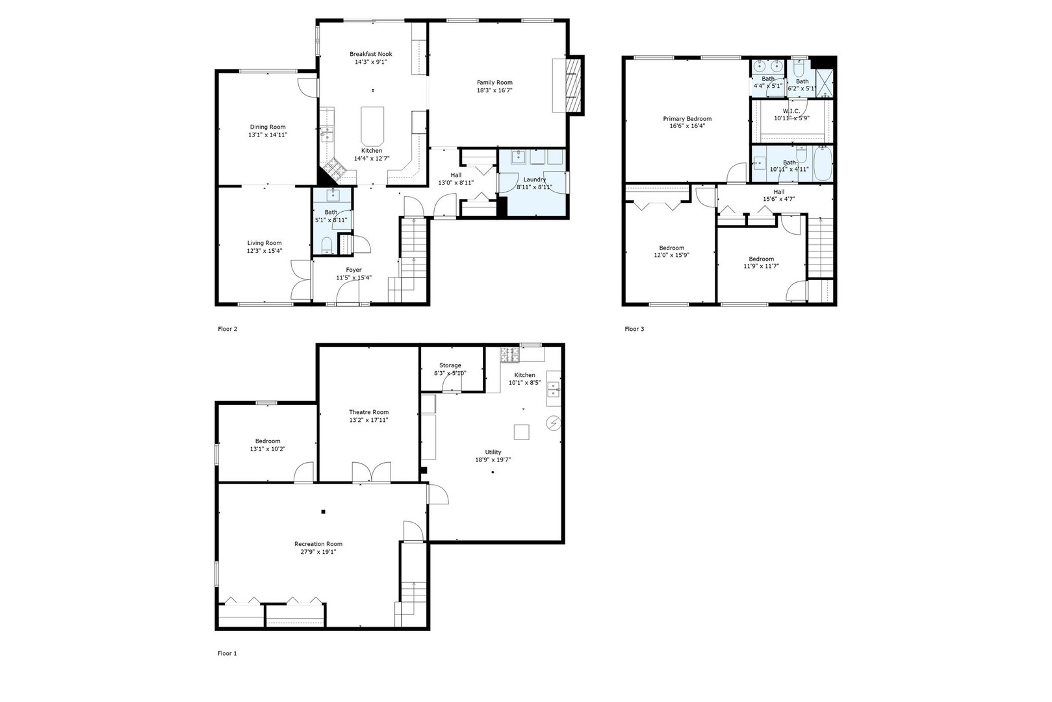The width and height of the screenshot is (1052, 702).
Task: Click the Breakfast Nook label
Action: (x=370, y=54)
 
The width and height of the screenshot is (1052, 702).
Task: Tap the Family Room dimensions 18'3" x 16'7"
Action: (x=494, y=91)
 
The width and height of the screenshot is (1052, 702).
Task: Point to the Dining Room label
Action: (x=268, y=127)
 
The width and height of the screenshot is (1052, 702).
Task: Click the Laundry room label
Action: (x=534, y=179)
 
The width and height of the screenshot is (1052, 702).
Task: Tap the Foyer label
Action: (x=353, y=270)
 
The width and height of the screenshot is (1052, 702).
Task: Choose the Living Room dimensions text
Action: (x=264, y=251)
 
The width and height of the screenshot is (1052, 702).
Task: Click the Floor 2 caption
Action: (x=227, y=329)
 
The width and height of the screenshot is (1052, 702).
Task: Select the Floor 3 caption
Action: (x=634, y=329)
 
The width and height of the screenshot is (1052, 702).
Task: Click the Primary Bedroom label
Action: (x=687, y=119)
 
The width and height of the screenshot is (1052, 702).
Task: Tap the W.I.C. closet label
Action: (x=791, y=110)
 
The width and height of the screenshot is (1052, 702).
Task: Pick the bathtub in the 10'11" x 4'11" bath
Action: (x=822, y=164)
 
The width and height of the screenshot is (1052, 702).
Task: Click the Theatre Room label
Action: (x=368, y=412)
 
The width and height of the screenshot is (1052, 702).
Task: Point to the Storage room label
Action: (x=450, y=365)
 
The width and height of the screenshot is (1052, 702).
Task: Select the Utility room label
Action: (x=493, y=452)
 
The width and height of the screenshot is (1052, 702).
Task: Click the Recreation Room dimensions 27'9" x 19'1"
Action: (x=318, y=552)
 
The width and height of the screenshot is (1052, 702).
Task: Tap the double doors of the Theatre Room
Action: (x=372, y=473)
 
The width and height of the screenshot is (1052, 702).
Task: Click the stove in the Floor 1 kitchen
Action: (x=509, y=355)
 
